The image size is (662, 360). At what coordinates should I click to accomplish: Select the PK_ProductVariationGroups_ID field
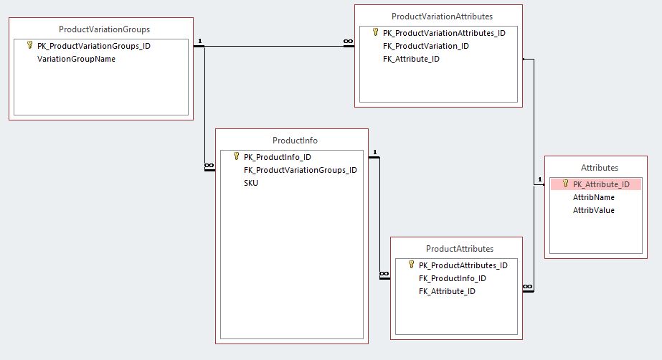(x=93, y=45)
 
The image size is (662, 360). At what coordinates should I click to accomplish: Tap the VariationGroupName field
(x=76, y=59)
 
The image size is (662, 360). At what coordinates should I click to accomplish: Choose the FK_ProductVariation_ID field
(x=425, y=46)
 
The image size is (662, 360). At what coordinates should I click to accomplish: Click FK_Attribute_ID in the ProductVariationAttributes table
(x=411, y=59)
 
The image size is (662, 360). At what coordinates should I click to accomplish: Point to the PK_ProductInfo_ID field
(x=277, y=157)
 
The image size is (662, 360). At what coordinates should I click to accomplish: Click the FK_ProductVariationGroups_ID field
(x=300, y=170)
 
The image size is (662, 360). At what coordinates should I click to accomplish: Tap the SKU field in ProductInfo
(x=251, y=183)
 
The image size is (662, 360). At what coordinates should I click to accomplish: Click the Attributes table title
(x=599, y=167)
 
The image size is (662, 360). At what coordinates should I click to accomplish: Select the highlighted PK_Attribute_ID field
(x=601, y=184)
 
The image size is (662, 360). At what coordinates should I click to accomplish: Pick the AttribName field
(x=593, y=197)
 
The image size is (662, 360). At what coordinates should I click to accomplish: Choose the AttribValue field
(x=593, y=210)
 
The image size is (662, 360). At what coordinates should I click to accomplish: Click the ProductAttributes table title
(x=459, y=249)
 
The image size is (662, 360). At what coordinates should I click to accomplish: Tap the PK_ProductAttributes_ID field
(x=463, y=265)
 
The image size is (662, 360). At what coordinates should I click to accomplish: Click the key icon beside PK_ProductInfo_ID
(x=236, y=156)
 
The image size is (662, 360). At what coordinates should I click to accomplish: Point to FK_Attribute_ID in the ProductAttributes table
(x=446, y=291)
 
